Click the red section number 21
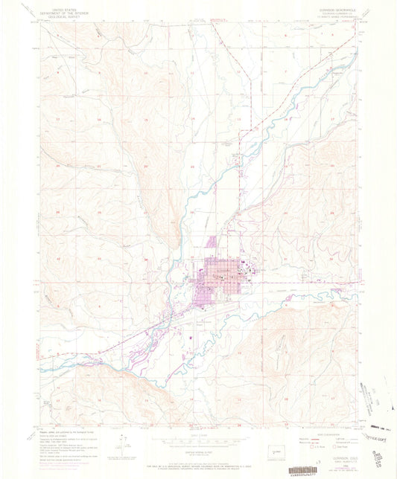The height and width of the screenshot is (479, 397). pos(147,166)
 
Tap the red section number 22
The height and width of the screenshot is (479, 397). pos(191,166)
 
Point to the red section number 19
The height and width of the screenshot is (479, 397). pos(56,166)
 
